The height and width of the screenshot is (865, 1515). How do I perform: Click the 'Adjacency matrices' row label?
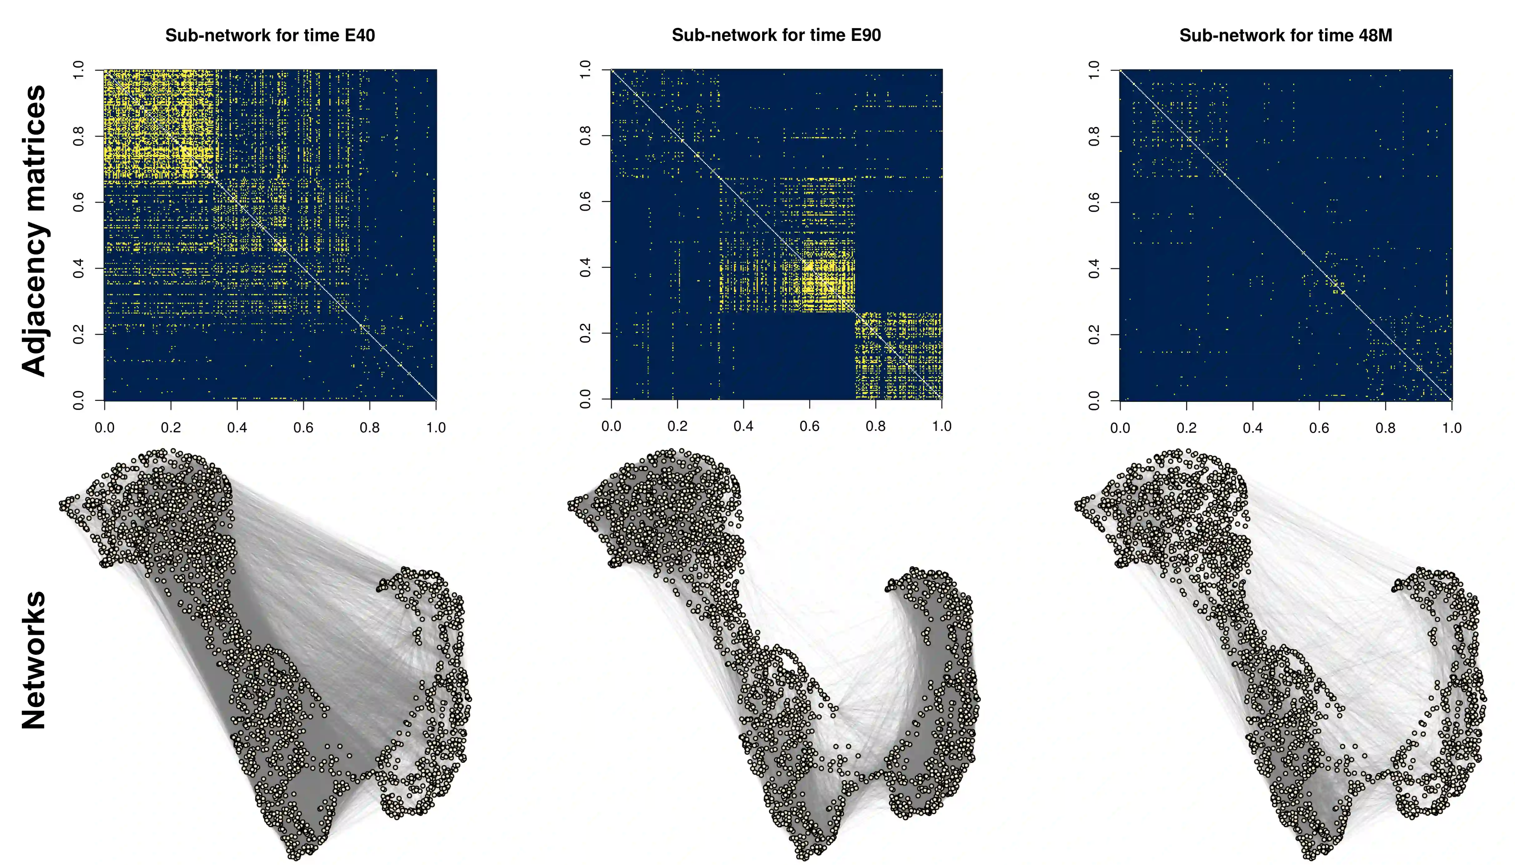click(34, 230)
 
